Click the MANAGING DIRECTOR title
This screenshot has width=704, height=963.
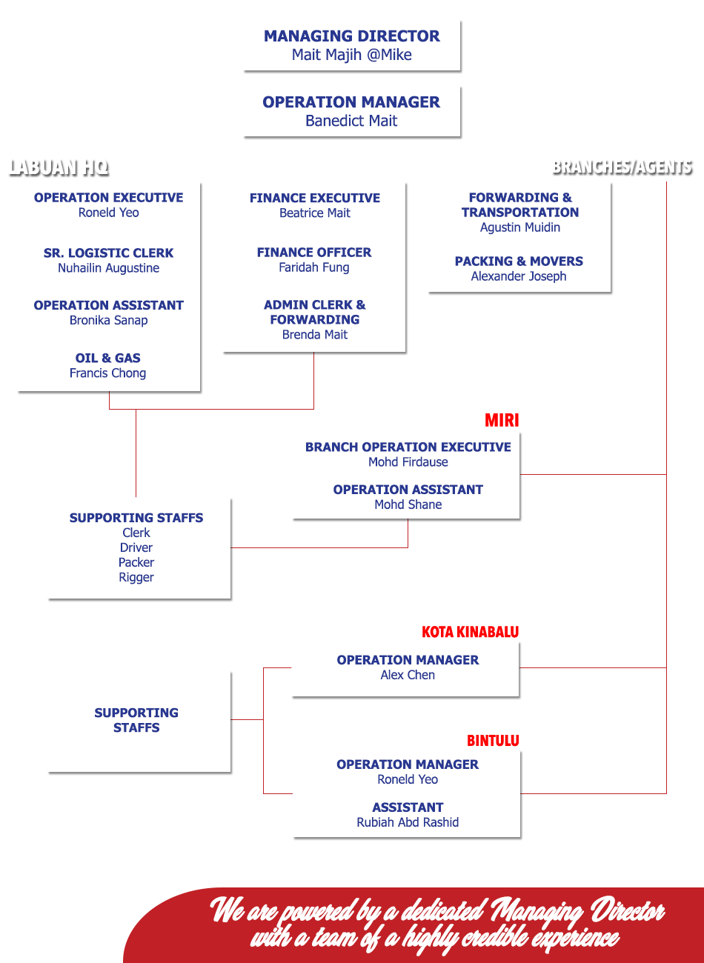351,36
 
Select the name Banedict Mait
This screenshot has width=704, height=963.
351,121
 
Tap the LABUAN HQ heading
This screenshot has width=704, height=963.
59,167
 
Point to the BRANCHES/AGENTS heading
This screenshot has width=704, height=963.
622,166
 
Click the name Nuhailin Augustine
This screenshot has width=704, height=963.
108,268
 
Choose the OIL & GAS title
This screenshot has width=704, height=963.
107,358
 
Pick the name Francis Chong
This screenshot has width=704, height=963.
107,373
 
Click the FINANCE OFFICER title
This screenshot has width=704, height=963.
314,253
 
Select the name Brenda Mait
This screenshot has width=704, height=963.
314,335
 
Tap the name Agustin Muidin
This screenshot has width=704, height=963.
519,227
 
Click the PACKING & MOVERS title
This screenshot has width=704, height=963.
519,261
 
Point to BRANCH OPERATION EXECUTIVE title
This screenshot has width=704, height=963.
408,447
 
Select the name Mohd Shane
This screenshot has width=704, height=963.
408,504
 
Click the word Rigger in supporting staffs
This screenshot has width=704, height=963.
136,577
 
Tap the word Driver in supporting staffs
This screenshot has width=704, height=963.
136,547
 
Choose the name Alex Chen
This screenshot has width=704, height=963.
408,675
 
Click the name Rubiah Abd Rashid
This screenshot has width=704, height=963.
408,822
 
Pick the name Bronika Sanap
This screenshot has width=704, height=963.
108,320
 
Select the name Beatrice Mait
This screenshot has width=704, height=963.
314,213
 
